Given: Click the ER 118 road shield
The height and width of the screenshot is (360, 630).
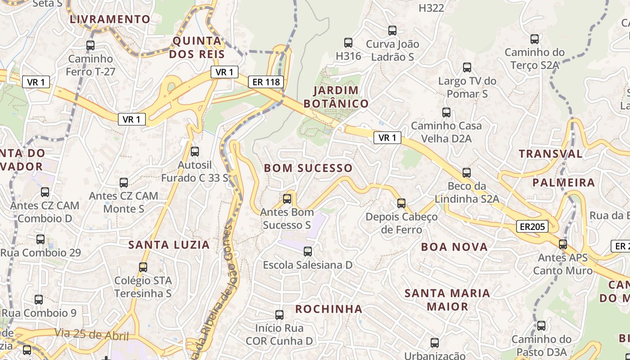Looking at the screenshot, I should (x=266, y=82).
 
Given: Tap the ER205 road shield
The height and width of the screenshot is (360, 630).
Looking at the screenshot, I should (x=532, y=227).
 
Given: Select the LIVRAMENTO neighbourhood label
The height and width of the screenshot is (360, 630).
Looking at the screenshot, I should (x=110, y=19).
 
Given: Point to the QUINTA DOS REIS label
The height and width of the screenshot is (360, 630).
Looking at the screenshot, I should (x=197, y=48).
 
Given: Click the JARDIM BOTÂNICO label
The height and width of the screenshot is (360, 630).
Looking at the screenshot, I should (x=336, y=97).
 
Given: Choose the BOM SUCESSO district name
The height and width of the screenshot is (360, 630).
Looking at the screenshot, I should (x=308, y=168).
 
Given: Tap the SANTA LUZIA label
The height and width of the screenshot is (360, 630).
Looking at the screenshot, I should (x=169, y=245).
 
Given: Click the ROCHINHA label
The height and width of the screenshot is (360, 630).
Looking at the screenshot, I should (x=328, y=309).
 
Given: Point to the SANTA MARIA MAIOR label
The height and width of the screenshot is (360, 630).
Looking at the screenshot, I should (x=447, y=300).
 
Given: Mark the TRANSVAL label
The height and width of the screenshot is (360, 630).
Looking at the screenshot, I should (x=550, y=154).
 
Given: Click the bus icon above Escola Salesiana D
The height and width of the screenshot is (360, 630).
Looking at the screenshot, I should (x=308, y=252).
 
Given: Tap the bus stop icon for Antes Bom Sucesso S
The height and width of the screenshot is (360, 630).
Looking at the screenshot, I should (x=287, y=199).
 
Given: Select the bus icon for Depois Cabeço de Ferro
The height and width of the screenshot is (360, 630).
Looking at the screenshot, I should (x=401, y=203).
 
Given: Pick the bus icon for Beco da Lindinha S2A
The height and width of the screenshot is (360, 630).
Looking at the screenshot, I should (x=467, y=173).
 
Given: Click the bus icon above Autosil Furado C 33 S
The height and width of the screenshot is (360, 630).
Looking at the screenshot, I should (x=195, y=152).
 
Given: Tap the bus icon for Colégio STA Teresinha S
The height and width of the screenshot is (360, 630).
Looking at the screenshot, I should (x=143, y=267).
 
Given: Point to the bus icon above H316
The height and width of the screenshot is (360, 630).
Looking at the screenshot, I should (x=348, y=43).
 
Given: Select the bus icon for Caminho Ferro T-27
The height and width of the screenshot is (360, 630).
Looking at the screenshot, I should (x=90, y=45).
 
